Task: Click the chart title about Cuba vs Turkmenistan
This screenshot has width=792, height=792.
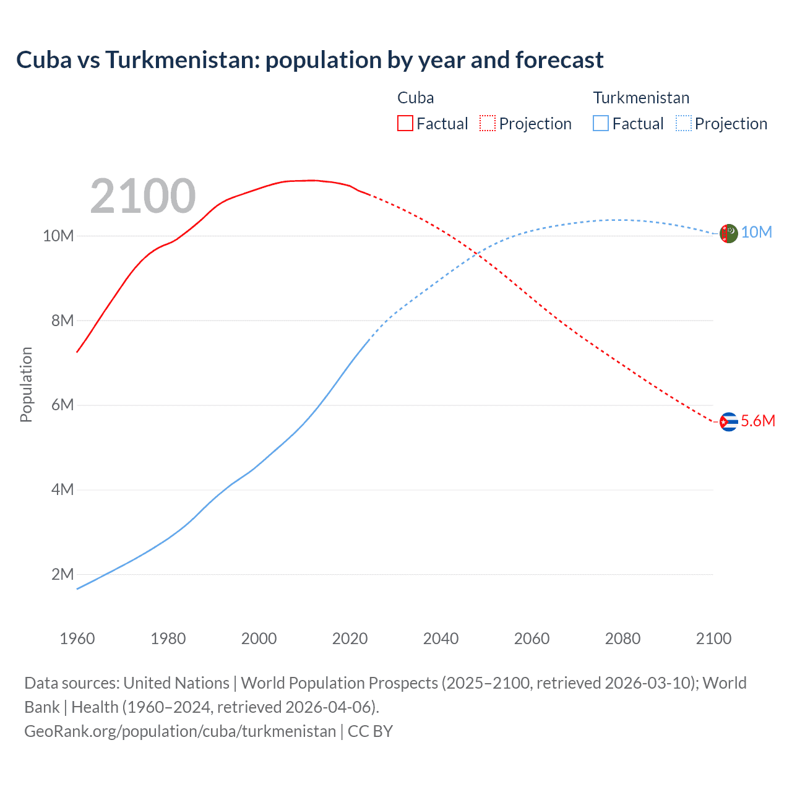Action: [309, 60]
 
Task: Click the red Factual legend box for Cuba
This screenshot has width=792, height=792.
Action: [405, 123]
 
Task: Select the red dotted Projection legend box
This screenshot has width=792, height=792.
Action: [488, 123]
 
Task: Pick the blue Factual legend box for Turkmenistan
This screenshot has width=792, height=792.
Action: [601, 123]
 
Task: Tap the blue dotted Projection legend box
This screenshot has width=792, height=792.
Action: [684, 123]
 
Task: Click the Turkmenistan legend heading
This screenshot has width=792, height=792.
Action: [641, 98]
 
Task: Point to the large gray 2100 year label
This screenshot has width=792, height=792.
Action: [143, 196]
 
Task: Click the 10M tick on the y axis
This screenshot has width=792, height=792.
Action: [58, 236]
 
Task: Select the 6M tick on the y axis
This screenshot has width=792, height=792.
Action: [62, 405]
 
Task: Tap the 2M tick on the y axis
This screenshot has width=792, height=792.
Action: [62, 574]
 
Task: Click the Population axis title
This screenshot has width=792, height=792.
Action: [26, 384]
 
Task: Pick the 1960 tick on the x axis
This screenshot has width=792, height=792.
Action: [77, 639]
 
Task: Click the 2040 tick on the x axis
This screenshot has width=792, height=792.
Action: [441, 639]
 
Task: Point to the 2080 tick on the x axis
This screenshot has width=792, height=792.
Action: [622, 639]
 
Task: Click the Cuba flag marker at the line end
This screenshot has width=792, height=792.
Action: [729, 421]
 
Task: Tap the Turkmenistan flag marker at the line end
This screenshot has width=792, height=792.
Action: [729, 233]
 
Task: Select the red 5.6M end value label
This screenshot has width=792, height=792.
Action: [758, 421]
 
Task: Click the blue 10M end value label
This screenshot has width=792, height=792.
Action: [757, 232]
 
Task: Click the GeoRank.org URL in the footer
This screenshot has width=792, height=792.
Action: [179, 731]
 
